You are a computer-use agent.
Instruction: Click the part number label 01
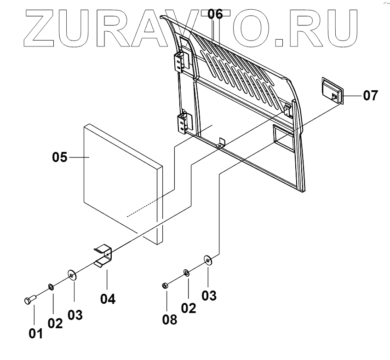tap(35, 333)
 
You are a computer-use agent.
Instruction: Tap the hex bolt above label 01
tap(28, 300)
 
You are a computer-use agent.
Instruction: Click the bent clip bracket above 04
tap(104, 256)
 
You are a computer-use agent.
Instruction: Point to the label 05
tap(60, 157)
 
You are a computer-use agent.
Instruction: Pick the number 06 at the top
tap(215, 14)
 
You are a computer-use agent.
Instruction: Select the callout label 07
tap(370, 96)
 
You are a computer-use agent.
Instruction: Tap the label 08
tap(170, 319)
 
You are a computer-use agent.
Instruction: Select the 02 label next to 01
tap(55, 323)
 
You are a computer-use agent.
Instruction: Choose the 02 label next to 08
tap(188, 308)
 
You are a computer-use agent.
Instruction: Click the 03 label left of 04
tap(75, 315)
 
